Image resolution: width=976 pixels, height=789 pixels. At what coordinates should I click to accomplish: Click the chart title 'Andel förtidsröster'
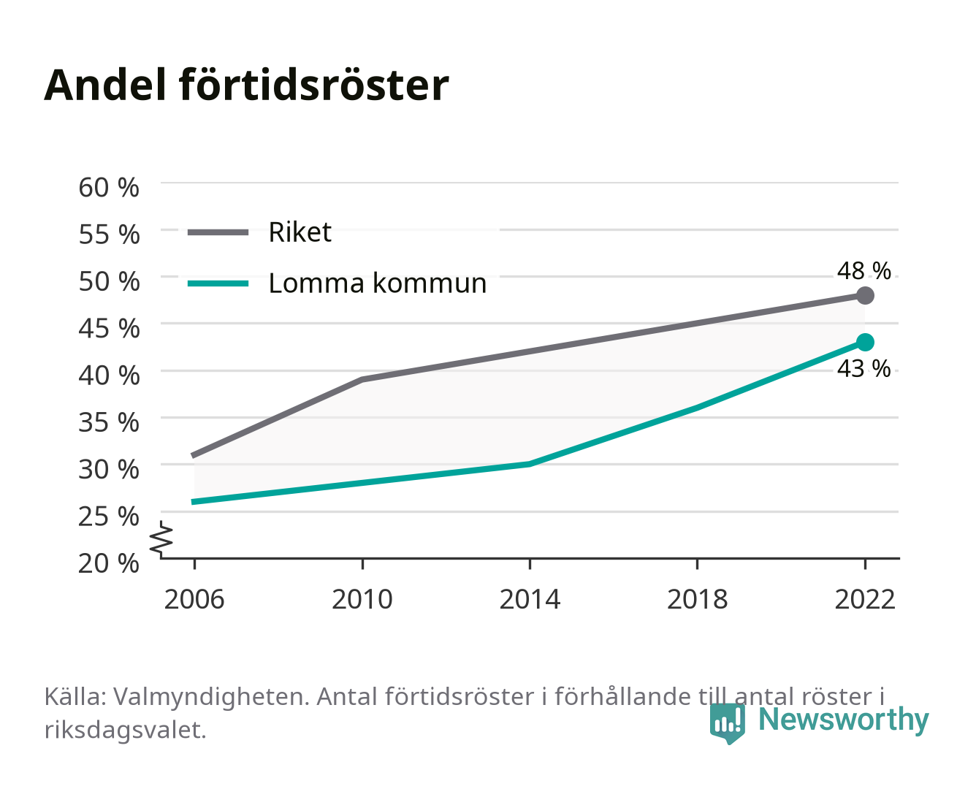[x=246, y=85]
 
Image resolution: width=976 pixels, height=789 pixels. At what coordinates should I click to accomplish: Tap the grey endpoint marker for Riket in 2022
[x=865, y=296]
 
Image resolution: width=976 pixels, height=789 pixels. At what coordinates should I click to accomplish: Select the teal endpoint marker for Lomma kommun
[x=865, y=343]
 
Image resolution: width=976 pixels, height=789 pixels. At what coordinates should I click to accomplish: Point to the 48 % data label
[x=863, y=270]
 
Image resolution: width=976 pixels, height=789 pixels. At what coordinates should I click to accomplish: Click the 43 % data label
[x=863, y=368]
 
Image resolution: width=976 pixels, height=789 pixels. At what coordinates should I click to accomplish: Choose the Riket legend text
[x=300, y=232]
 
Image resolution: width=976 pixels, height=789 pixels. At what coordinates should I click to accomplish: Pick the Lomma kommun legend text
[x=377, y=283]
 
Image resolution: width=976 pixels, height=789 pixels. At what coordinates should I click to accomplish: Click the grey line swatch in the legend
[x=218, y=233]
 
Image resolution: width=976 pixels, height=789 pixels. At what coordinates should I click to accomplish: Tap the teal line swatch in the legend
[x=218, y=284]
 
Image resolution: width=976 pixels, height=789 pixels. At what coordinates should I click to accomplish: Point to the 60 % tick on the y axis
[x=109, y=187]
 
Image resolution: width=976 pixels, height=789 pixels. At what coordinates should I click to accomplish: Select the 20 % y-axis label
[x=109, y=563]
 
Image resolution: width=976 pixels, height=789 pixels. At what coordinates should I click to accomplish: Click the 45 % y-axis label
[x=109, y=328]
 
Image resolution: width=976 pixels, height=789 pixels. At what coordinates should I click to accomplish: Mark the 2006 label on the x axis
[x=194, y=599]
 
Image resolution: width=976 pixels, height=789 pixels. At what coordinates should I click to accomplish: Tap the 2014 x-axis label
[x=530, y=599]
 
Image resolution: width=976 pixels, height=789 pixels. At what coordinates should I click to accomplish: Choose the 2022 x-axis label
[x=865, y=599]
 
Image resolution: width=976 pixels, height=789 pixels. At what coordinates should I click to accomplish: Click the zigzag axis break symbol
[x=161, y=539]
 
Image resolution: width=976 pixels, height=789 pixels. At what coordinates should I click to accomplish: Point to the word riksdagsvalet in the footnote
[x=125, y=730]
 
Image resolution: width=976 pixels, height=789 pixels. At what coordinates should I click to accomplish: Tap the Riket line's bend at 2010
[x=362, y=379]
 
